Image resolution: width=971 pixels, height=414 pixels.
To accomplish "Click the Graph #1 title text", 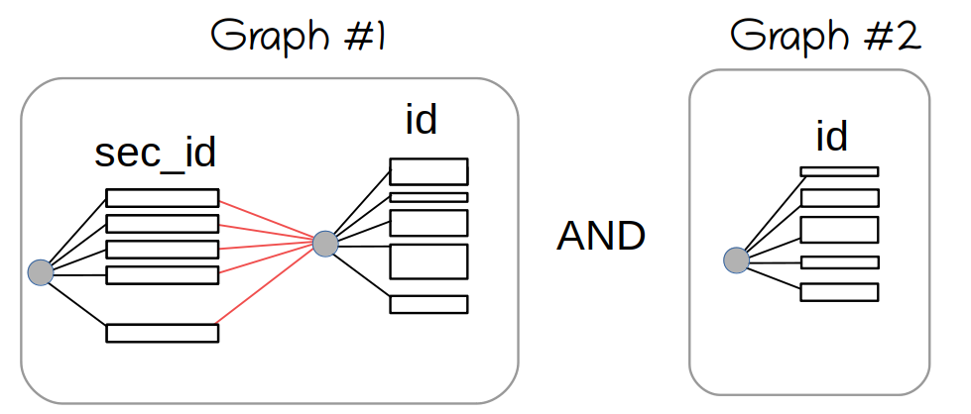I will coord(298,38).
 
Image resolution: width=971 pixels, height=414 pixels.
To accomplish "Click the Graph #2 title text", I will coord(826,37).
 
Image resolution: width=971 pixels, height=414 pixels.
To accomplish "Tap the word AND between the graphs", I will coord(602,236).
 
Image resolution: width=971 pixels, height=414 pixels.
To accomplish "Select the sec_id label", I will coord(156,154).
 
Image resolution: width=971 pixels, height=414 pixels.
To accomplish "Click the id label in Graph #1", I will coord(421,120).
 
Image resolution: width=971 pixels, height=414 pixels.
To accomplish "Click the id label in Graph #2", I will coord(831,137).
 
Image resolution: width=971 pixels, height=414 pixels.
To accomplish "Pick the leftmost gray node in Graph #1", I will coord(40,271).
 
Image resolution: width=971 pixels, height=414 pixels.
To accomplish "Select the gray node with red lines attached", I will coord(325,243).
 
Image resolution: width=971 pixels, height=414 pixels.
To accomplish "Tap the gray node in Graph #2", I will coord(736,260).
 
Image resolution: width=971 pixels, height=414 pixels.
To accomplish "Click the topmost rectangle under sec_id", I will coord(162,198).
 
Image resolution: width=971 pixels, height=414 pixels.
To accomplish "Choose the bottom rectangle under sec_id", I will coord(162,333).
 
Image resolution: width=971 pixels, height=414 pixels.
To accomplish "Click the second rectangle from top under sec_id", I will coord(162,224).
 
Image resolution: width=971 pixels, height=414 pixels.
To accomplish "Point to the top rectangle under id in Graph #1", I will coord(428,171).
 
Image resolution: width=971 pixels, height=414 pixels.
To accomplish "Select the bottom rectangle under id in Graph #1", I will coord(428,304).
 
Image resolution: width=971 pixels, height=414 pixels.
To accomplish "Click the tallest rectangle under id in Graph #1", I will coord(428,261).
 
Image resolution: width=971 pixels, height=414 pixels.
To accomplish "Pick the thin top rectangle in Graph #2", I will coord(839,171).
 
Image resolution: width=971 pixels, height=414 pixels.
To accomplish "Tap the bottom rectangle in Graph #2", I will coord(839,292).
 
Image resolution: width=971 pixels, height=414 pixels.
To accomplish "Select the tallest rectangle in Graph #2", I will coord(839,230).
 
